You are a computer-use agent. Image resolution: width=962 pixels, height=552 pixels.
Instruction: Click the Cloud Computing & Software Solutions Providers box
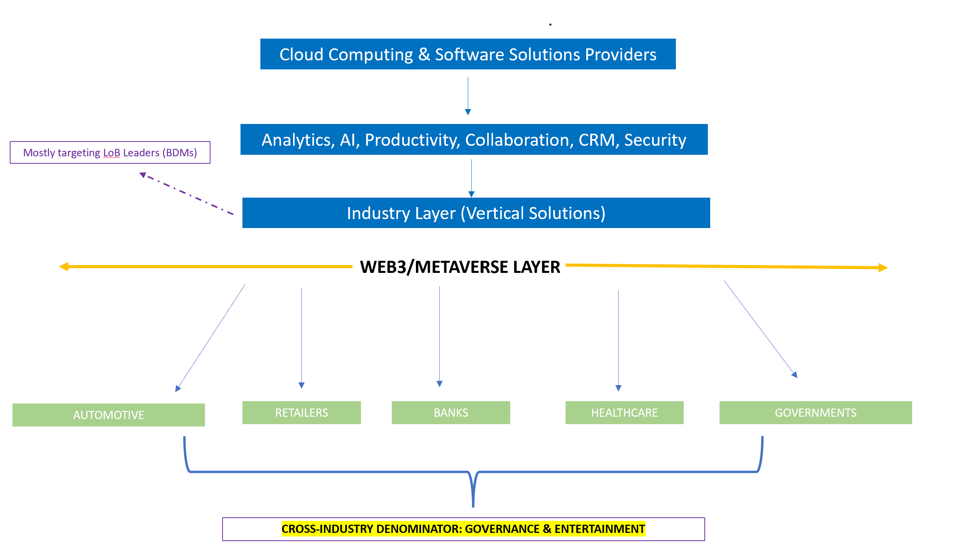tap(468, 54)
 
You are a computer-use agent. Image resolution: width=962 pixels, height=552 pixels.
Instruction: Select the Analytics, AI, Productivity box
tap(474, 139)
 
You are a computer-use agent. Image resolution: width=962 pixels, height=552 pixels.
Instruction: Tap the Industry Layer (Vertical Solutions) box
tap(476, 213)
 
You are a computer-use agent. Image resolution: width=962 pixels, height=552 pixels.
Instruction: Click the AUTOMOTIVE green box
tap(109, 415)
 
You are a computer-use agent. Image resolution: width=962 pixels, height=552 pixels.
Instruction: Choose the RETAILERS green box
tap(302, 412)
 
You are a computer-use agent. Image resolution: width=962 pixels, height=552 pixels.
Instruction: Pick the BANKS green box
tap(451, 412)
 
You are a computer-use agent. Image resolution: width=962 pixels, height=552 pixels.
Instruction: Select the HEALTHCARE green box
tap(624, 412)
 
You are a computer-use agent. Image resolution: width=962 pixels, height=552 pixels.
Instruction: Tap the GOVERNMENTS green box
tap(816, 412)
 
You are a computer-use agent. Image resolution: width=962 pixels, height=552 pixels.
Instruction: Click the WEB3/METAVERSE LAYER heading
tap(460, 267)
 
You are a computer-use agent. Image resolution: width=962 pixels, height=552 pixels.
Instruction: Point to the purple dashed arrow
tap(186, 193)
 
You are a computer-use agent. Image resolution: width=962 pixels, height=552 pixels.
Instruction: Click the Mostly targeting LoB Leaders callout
tap(110, 152)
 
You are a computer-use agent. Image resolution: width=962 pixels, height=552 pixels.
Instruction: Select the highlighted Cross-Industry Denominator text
tap(463, 529)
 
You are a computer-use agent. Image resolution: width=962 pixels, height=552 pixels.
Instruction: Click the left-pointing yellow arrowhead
tap(64, 267)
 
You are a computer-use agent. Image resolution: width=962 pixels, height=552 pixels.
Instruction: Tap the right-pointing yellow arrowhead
tap(883, 268)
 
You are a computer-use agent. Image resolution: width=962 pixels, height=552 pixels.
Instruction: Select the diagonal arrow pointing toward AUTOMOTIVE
tap(210, 338)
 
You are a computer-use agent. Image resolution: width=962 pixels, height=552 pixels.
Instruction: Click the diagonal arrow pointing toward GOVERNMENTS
tap(760, 329)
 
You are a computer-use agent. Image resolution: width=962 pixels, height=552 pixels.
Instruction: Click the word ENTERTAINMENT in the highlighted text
tap(600, 529)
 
